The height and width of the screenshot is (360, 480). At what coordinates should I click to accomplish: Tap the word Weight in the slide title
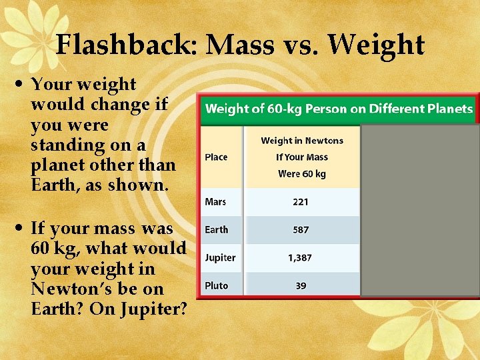(x=376, y=45)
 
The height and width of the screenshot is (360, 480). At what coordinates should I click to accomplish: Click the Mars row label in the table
(x=215, y=201)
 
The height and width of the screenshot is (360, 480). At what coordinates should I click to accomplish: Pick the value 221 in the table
(x=301, y=201)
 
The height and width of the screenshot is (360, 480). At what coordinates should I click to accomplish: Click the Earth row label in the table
(x=216, y=229)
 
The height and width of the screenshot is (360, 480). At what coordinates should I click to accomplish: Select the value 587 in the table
(x=301, y=229)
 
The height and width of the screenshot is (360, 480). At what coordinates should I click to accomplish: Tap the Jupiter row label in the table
(x=220, y=257)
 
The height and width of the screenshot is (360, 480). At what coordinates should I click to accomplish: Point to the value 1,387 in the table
(x=301, y=257)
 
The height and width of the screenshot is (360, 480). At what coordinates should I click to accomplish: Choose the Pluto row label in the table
(x=216, y=285)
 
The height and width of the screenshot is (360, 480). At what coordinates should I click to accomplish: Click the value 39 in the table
(x=301, y=285)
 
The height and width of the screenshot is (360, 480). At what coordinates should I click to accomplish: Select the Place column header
(x=216, y=157)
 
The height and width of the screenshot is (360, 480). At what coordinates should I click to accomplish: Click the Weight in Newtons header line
(x=301, y=141)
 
